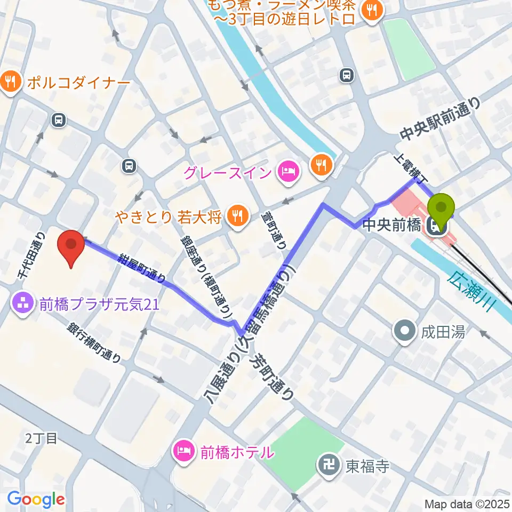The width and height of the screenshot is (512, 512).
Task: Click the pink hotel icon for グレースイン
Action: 288,172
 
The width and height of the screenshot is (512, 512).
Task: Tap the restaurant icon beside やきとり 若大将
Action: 235,215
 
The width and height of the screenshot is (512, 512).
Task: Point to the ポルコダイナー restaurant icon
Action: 10,83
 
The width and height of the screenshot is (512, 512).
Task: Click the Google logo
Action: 36,499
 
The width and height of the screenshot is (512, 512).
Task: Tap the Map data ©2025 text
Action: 467,503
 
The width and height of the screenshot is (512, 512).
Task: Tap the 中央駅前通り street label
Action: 441,120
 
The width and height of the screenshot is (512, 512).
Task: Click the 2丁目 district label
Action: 41,438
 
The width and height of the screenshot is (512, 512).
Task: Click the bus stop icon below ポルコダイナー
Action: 59,121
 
